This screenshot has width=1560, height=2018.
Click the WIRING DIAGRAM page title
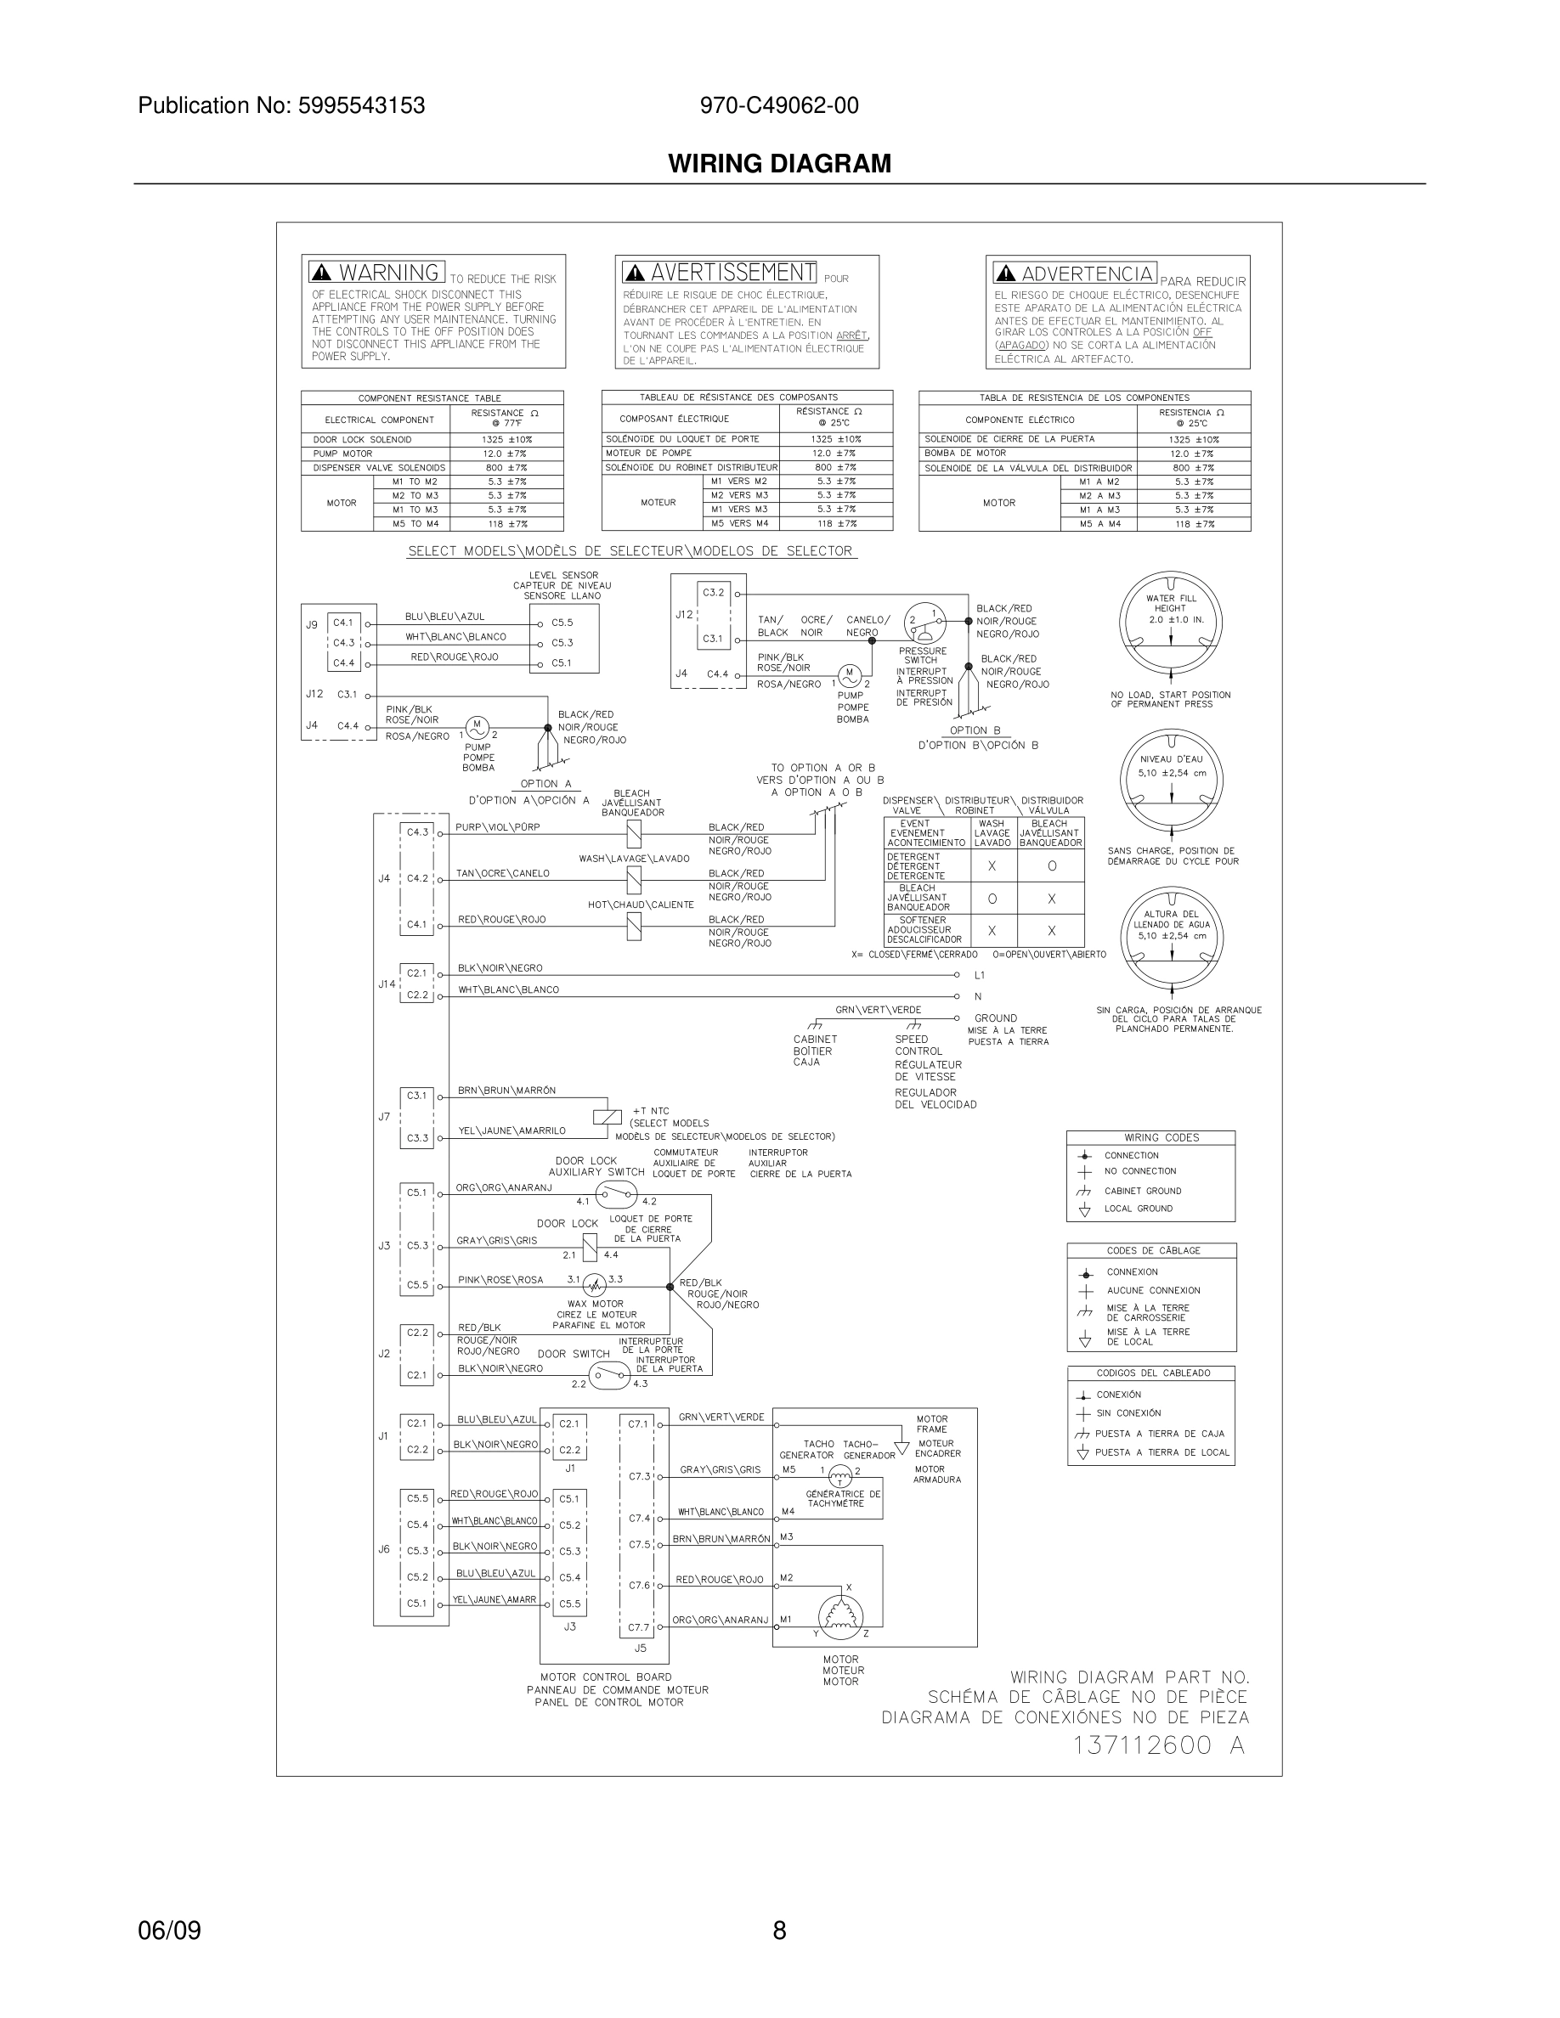click(x=779, y=164)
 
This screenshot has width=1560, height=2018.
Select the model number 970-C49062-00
click(x=778, y=105)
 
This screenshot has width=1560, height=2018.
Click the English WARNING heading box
click(x=377, y=273)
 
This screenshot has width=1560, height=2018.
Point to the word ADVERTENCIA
click(x=1087, y=273)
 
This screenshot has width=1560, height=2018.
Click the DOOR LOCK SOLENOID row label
click(x=362, y=440)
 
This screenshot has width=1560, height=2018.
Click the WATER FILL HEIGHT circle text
click(x=1170, y=608)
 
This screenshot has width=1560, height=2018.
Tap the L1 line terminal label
click(x=980, y=975)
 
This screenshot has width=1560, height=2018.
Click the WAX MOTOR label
click(x=595, y=1304)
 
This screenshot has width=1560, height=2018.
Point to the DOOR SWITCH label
click(x=573, y=1354)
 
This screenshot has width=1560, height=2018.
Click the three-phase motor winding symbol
click(x=840, y=1613)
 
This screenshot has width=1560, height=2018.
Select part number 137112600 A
click(x=1158, y=1745)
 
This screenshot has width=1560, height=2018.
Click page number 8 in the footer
click(x=779, y=1931)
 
